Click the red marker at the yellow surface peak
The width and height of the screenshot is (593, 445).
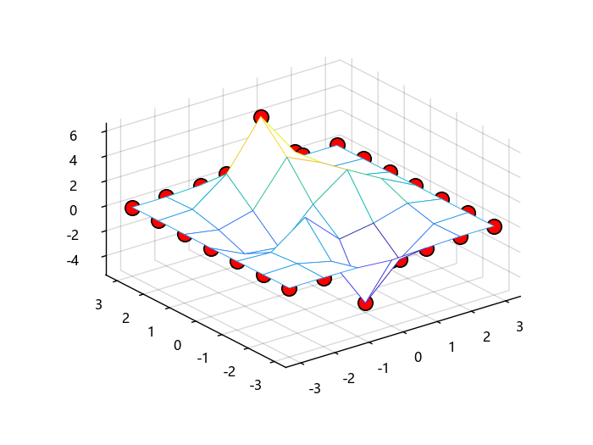[x=261, y=117]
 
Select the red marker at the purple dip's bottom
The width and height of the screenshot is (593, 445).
[x=365, y=303]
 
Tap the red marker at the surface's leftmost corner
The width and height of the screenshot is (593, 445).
[x=132, y=208]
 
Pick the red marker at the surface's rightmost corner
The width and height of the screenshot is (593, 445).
[x=495, y=226]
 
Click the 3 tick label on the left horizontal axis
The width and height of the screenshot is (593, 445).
[x=100, y=303]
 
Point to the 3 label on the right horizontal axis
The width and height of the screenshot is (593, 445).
[x=520, y=325]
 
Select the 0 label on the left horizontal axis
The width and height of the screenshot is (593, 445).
[x=177, y=344]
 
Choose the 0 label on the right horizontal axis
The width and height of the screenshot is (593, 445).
[x=418, y=357]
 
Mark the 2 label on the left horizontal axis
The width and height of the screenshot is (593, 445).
[x=126, y=317]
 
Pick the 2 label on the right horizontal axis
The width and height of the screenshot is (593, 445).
[x=486, y=337]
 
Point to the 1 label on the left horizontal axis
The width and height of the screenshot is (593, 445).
[x=152, y=331]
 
